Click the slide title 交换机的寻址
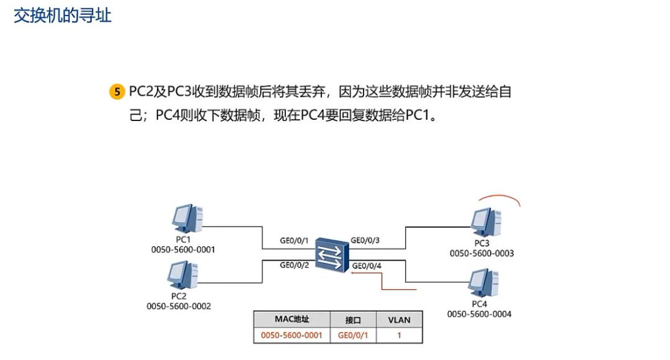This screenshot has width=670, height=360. click(62, 15)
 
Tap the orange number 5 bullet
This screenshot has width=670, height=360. click(117, 92)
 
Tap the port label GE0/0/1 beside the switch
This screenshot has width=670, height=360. click(295, 241)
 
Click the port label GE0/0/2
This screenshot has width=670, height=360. click(295, 265)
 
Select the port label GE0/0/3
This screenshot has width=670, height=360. click(365, 240)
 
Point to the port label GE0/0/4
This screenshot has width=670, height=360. click(367, 266)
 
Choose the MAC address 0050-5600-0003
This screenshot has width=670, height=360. click(481, 253)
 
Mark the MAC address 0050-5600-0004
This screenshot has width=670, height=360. click(479, 314)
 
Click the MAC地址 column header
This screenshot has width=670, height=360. click(292, 320)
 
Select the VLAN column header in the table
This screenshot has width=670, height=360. click(399, 320)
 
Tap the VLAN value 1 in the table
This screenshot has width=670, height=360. click(399, 335)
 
